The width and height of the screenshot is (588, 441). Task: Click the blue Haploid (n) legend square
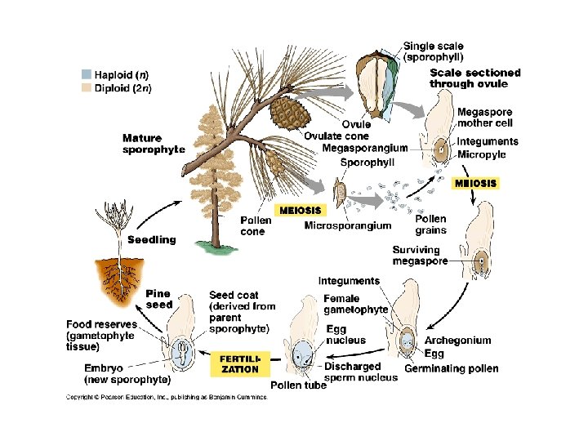[x=87, y=73]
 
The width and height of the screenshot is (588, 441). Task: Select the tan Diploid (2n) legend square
[x=87, y=86]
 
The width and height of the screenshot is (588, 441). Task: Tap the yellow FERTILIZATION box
[x=240, y=363]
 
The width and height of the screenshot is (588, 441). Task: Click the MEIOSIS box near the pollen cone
[x=301, y=210]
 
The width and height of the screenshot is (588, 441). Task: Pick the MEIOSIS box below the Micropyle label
[x=474, y=183]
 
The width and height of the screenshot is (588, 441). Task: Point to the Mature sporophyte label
[x=153, y=144]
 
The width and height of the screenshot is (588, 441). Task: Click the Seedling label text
[x=151, y=239]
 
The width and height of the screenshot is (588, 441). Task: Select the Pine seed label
[x=158, y=299]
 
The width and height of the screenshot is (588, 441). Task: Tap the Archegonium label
[x=458, y=341]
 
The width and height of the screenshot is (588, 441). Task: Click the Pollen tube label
[x=299, y=385]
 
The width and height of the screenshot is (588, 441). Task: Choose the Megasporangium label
[x=364, y=148]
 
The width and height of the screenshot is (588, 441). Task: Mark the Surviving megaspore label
[x=416, y=256]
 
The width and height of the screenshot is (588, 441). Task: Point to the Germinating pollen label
[x=461, y=368]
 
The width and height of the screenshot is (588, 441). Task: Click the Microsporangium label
[x=347, y=225]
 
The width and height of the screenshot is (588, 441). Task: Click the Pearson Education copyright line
[x=167, y=398]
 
